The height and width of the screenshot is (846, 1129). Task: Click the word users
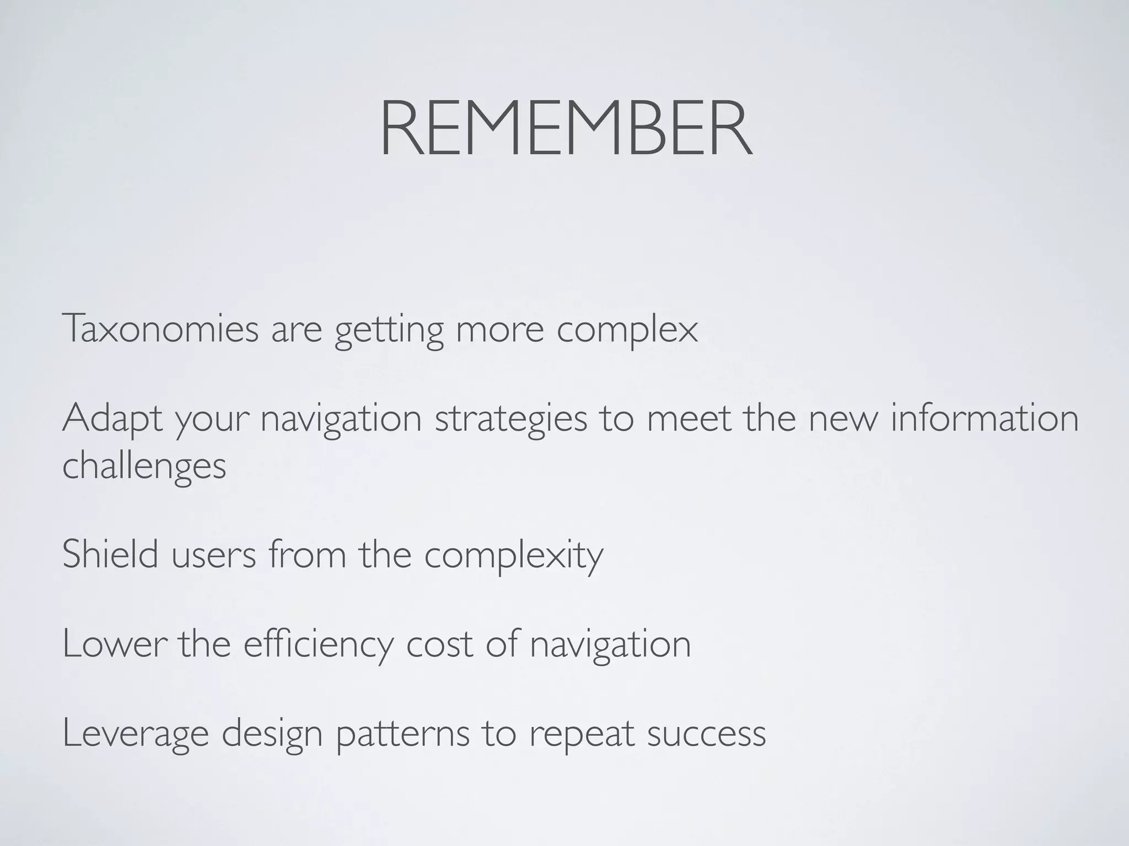[x=214, y=555]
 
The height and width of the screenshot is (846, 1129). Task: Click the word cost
[x=439, y=644]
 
